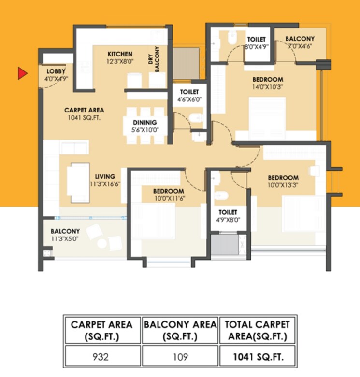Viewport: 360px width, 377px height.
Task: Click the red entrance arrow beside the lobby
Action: click(22, 73)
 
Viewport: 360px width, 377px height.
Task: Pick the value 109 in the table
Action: click(180, 358)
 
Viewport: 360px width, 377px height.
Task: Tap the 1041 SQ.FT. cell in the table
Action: click(258, 358)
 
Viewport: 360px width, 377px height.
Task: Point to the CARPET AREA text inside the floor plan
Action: click(84, 113)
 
